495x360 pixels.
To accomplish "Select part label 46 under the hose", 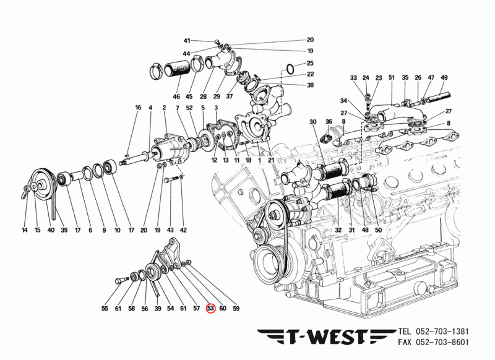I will pyautogui.click(x=176, y=97).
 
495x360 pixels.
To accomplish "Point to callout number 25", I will pyautogui.click(x=310, y=64).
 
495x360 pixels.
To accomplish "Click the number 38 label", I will pyautogui.click(x=310, y=85).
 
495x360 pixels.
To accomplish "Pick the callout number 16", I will pyautogui.click(x=138, y=108).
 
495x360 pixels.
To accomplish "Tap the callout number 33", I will pyautogui.click(x=354, y=78).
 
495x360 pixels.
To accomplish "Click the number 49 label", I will pyautogui.click(x=444, y=78).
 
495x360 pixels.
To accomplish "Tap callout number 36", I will pyautogui.click(x=329, y=121).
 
